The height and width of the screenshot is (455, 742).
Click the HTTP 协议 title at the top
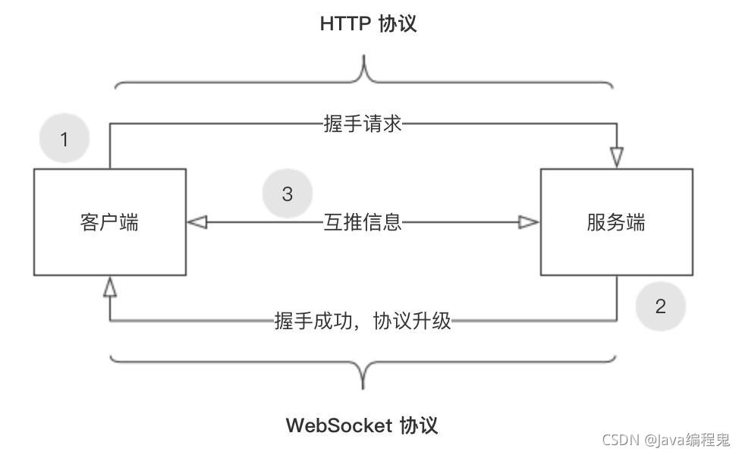368,24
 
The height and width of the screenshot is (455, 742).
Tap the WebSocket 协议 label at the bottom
362,425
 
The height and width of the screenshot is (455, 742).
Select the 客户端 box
110,222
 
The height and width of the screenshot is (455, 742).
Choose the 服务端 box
616,222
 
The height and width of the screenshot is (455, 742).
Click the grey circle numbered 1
64,140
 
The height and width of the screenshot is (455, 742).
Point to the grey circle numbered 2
660,306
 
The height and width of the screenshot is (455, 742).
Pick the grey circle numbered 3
288,194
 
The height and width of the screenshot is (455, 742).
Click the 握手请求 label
363,124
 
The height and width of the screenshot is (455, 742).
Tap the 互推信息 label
363,222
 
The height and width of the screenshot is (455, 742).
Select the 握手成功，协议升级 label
363,321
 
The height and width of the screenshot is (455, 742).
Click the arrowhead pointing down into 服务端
616,157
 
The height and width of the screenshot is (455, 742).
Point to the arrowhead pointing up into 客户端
110,287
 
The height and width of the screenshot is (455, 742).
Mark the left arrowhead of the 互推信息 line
197,222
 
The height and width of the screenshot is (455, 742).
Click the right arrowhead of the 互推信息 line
529,222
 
